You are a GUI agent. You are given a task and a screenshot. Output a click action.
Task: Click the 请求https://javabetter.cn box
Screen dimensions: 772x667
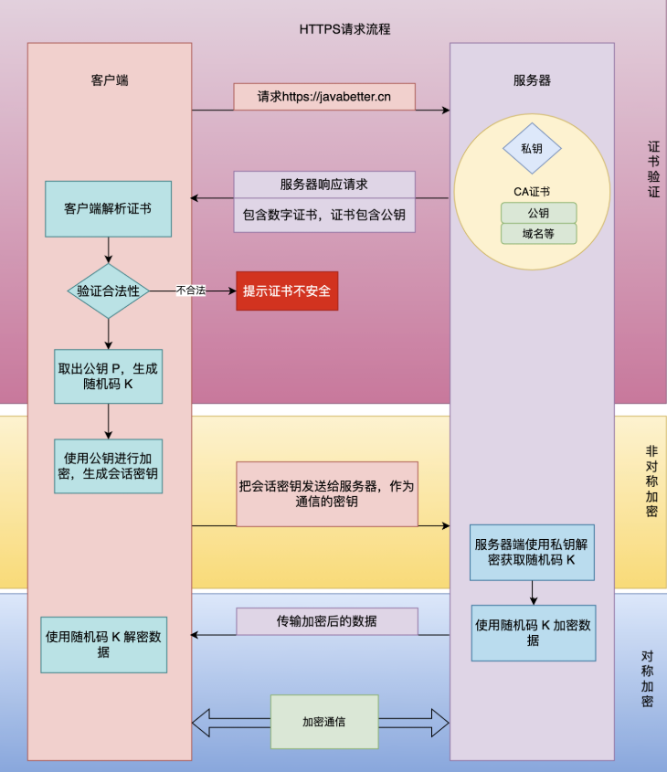(x=324, y=97)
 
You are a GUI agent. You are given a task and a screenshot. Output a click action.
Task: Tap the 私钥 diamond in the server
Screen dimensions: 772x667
(x=532, y=148)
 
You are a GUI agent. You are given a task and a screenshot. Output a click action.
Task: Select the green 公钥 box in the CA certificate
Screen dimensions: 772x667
(x=538, y=212)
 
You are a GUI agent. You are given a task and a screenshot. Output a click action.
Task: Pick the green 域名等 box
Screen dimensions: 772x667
(x=538, y=233)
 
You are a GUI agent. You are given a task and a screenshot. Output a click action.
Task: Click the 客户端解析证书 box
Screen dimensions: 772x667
(x=108, y=208)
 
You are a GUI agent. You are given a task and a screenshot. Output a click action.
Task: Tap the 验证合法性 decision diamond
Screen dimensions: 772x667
(x=108, y=291)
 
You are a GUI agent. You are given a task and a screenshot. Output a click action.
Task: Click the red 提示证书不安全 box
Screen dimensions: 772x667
(x=287, y=291)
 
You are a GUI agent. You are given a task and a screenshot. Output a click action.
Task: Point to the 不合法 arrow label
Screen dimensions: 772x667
(x=191, y=291)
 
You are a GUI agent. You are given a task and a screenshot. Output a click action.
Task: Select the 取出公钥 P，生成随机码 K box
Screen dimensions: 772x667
(x=108, y=375)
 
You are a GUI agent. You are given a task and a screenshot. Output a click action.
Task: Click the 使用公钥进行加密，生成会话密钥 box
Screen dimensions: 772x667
(x=108, y=465)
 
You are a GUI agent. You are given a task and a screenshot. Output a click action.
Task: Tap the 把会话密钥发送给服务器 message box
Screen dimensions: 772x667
(x=327, y=493)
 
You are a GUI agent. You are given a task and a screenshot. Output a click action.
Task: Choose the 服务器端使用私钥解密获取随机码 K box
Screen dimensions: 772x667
(x=532, y=552)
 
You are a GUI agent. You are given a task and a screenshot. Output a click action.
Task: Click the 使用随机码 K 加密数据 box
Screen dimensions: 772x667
(x=533, y=632)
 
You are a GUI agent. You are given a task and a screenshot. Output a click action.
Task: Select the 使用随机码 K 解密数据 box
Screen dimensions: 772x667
(x=103, y=644)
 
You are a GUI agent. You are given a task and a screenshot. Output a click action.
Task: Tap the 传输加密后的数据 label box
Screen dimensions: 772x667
(x=327, y=621)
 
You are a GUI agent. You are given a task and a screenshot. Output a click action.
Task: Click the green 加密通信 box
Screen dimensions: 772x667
(x=324, y=722)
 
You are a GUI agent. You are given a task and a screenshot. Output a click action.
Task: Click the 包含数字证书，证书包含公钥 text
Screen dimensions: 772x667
(x=324, y=216)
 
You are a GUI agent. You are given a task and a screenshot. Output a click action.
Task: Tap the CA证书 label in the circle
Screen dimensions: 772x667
(x=531, y=191)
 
